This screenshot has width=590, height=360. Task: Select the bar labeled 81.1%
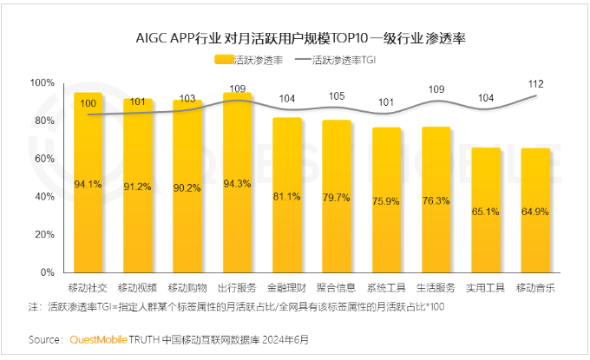click(x=287, y=195)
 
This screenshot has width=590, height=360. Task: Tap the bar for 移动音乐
click(x=535, y=211)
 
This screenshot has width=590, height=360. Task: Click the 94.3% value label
click(x=237, y=184)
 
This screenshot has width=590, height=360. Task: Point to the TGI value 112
click(x=535, y=83)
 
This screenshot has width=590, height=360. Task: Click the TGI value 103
click(x=187, y=99)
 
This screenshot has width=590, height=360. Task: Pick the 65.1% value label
click(x=486, y=211)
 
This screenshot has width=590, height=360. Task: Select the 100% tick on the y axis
click(x=42, y=83)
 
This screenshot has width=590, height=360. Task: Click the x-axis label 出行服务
click(x=237, y=287)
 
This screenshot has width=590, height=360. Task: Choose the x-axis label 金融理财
click(x=287, y=287)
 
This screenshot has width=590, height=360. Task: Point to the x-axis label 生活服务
click(x=436, y=287)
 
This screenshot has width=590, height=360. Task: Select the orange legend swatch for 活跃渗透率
click(x=226, y=61)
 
